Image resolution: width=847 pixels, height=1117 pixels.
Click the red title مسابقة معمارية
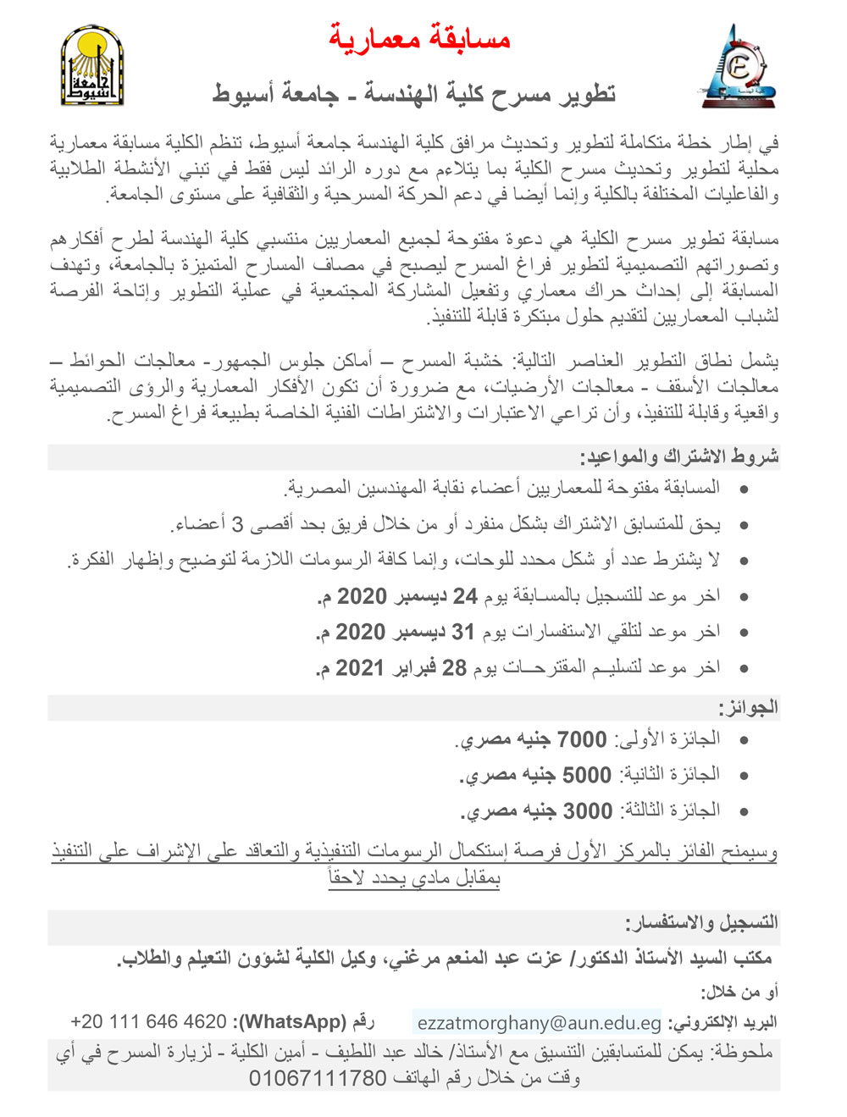point(420,37)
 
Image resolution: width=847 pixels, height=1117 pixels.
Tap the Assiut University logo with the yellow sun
point(92,66)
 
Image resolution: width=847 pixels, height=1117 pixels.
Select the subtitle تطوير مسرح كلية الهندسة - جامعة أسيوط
point(413,92)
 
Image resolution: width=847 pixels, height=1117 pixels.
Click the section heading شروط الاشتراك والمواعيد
point(678,457)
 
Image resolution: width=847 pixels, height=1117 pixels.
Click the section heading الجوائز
point(749,707)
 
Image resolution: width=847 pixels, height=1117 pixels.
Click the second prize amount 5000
point(587,775)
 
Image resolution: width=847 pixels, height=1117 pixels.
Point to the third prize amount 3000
point(588,811)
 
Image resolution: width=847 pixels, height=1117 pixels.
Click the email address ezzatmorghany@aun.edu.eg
point(539,1022)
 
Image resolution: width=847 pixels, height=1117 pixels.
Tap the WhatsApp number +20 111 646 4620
point(148,1021)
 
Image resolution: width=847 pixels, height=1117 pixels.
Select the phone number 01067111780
point(318,1079)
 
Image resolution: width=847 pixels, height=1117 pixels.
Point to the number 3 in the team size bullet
point(239,525)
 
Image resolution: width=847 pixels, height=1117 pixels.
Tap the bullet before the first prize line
point(744,740)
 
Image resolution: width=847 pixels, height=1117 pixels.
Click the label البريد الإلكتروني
point(722,1022)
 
